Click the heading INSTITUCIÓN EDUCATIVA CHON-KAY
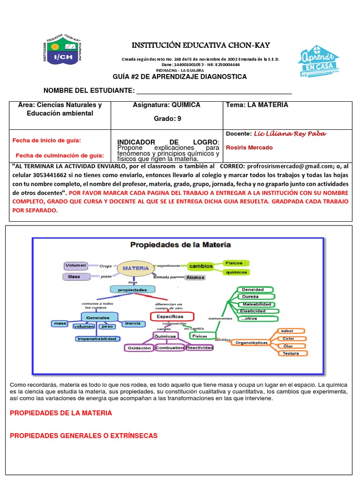pos(201,45)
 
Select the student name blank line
pos(213,91)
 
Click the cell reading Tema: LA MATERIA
pos(257,105)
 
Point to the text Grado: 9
pos(167,119)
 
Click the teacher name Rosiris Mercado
pos(249,148)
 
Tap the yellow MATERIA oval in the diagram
pos(136,269)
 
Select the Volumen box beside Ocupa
pos(76,265)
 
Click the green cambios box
pos(201,266)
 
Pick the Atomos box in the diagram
pos(195,277)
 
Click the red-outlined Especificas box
pos(167,317)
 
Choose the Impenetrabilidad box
pos(97,338)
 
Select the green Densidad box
pos(253,290)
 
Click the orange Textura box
pos(291,353)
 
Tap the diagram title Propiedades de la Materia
pos(180,244)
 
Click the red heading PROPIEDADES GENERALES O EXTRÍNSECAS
pos(84,436)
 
